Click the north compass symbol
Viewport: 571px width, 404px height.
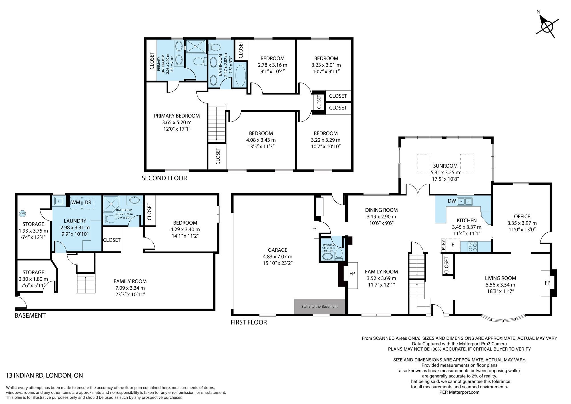(547, 27)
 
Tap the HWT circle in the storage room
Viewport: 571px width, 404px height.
(22, 213)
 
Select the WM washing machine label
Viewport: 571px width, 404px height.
(76, 202)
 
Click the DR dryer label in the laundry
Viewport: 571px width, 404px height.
(88, 202)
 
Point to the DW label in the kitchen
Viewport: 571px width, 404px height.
(452, 201)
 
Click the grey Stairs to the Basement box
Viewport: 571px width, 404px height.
(319, 307)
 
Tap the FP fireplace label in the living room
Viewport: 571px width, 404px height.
(547, 283)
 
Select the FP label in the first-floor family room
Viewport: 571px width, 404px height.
(352, 273)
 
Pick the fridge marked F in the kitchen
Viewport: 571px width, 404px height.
(453, 245)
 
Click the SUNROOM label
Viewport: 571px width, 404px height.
(445, 166)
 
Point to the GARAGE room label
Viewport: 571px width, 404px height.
(278, 250)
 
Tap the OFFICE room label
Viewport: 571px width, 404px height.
(522, 217)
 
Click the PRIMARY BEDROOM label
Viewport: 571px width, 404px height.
(177, 116)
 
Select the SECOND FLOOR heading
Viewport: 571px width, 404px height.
(164, 178)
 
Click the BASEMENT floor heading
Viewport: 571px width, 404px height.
(30, 315)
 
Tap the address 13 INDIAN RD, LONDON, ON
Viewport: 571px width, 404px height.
(45, 375)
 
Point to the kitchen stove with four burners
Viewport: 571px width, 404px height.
(473, 247)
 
